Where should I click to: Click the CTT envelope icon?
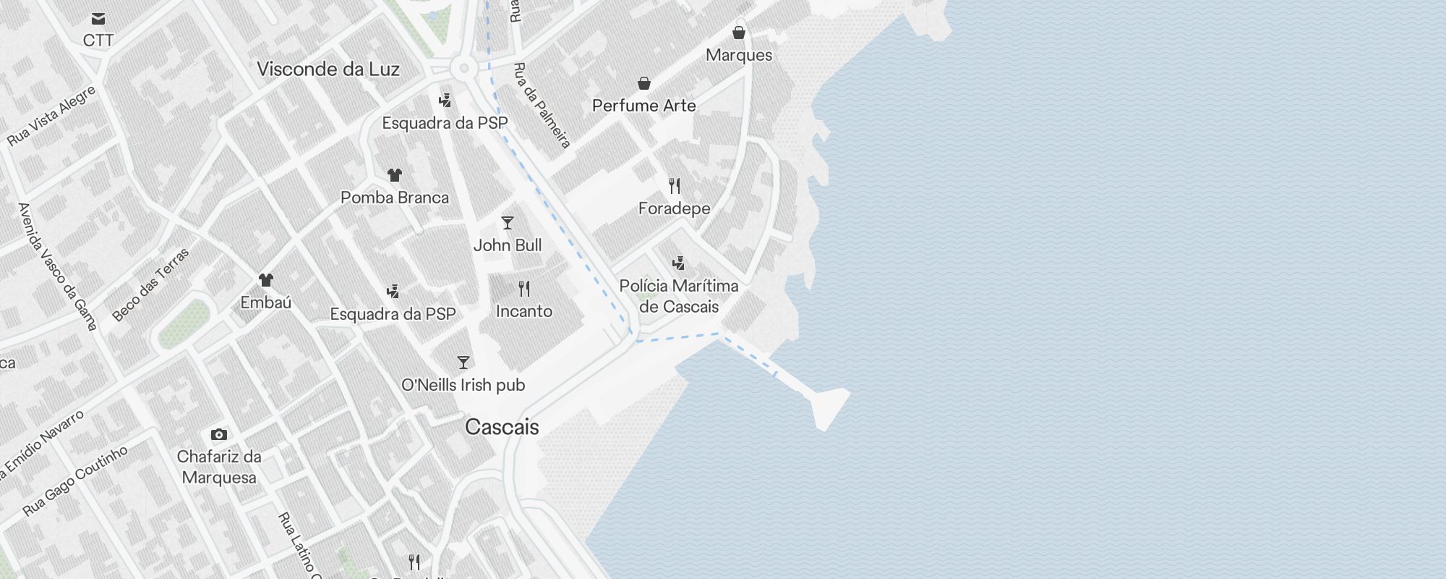click(98, 20)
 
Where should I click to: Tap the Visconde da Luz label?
click(328, 69)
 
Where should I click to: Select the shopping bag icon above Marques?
click(739, 33)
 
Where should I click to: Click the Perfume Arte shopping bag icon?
click(644, 83)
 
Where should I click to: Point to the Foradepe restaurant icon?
click(675, 186)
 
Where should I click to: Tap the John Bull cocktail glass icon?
click(508, 223)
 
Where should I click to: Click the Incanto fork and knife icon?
click(524, 289)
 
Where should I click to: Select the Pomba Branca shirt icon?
click(395, 175)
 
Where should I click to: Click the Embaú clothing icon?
click(266, 280)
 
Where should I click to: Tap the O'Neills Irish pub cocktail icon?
click(463, 363)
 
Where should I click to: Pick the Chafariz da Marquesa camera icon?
click(219, 434)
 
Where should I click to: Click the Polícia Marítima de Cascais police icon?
click(678, 263)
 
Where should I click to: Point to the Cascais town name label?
click(502, 427)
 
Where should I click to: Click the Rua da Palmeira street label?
click(542, 106)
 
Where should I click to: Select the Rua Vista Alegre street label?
click(52, 116)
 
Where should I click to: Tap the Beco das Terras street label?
click(151, 284)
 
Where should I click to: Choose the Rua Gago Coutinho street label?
click(75, 481)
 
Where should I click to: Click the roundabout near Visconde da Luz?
click(463, 69)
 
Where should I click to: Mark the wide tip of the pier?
click(829, 407)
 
